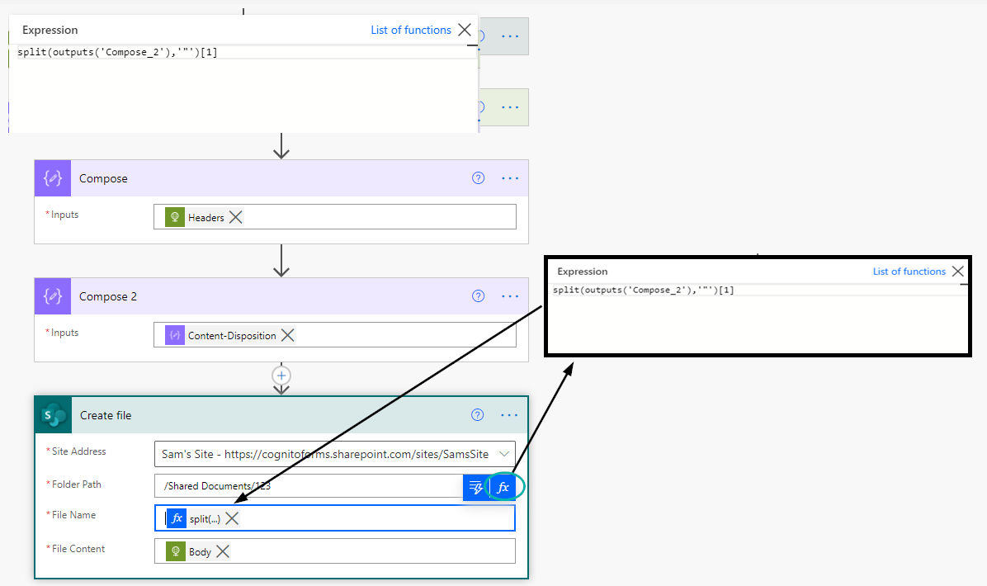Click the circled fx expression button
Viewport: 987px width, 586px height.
click(503, 487)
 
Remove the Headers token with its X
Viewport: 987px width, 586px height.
click(235, 217)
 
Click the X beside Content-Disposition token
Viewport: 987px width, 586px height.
click(288, 335)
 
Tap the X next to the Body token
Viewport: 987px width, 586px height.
click(223, 551)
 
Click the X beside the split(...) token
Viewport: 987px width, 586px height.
click(232, 518)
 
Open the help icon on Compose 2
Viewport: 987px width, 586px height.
click(479, 295)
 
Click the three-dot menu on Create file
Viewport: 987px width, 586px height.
click(509, 415)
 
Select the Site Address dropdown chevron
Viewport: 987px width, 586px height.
click(504, 454)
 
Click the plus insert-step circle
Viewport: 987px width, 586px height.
click(281, 376)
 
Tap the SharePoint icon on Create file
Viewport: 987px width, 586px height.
click(54, 415)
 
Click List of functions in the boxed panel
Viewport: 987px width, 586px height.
click(909, 272)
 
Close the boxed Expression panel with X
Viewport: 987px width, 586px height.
click(957, 272)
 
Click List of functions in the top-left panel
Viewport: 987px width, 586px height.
click(411, 30)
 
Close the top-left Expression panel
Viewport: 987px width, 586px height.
click(465, 30)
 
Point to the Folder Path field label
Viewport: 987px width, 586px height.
click(76, 484)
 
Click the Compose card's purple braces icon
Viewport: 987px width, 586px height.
click(53, 178)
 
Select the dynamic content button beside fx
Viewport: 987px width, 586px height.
click(476, 487)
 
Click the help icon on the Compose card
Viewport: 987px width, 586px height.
click(479, 178)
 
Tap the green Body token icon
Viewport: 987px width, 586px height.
click(176, 551)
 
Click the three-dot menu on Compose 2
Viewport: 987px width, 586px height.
click(510, 296)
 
